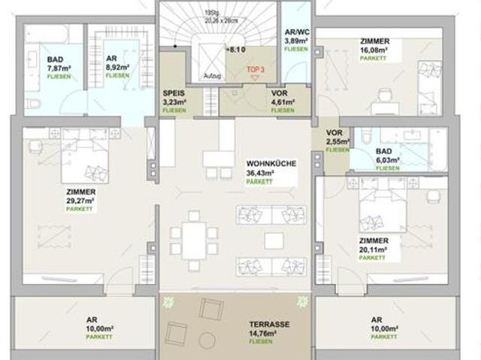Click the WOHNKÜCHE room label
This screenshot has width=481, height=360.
coord(270,163)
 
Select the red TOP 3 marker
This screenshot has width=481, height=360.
coord(255,71)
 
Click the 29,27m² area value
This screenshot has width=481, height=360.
coord(80,201)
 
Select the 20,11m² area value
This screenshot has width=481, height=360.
coord(374,250)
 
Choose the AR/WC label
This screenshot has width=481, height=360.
coord(294,32)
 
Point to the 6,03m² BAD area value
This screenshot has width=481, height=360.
coord(388,160)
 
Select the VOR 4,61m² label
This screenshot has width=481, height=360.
coord(283,101)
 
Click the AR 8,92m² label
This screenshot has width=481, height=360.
coord(116,68)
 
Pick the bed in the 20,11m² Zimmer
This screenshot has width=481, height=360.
coord(381,210)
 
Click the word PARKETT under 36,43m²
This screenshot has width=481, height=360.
coord(260,181)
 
